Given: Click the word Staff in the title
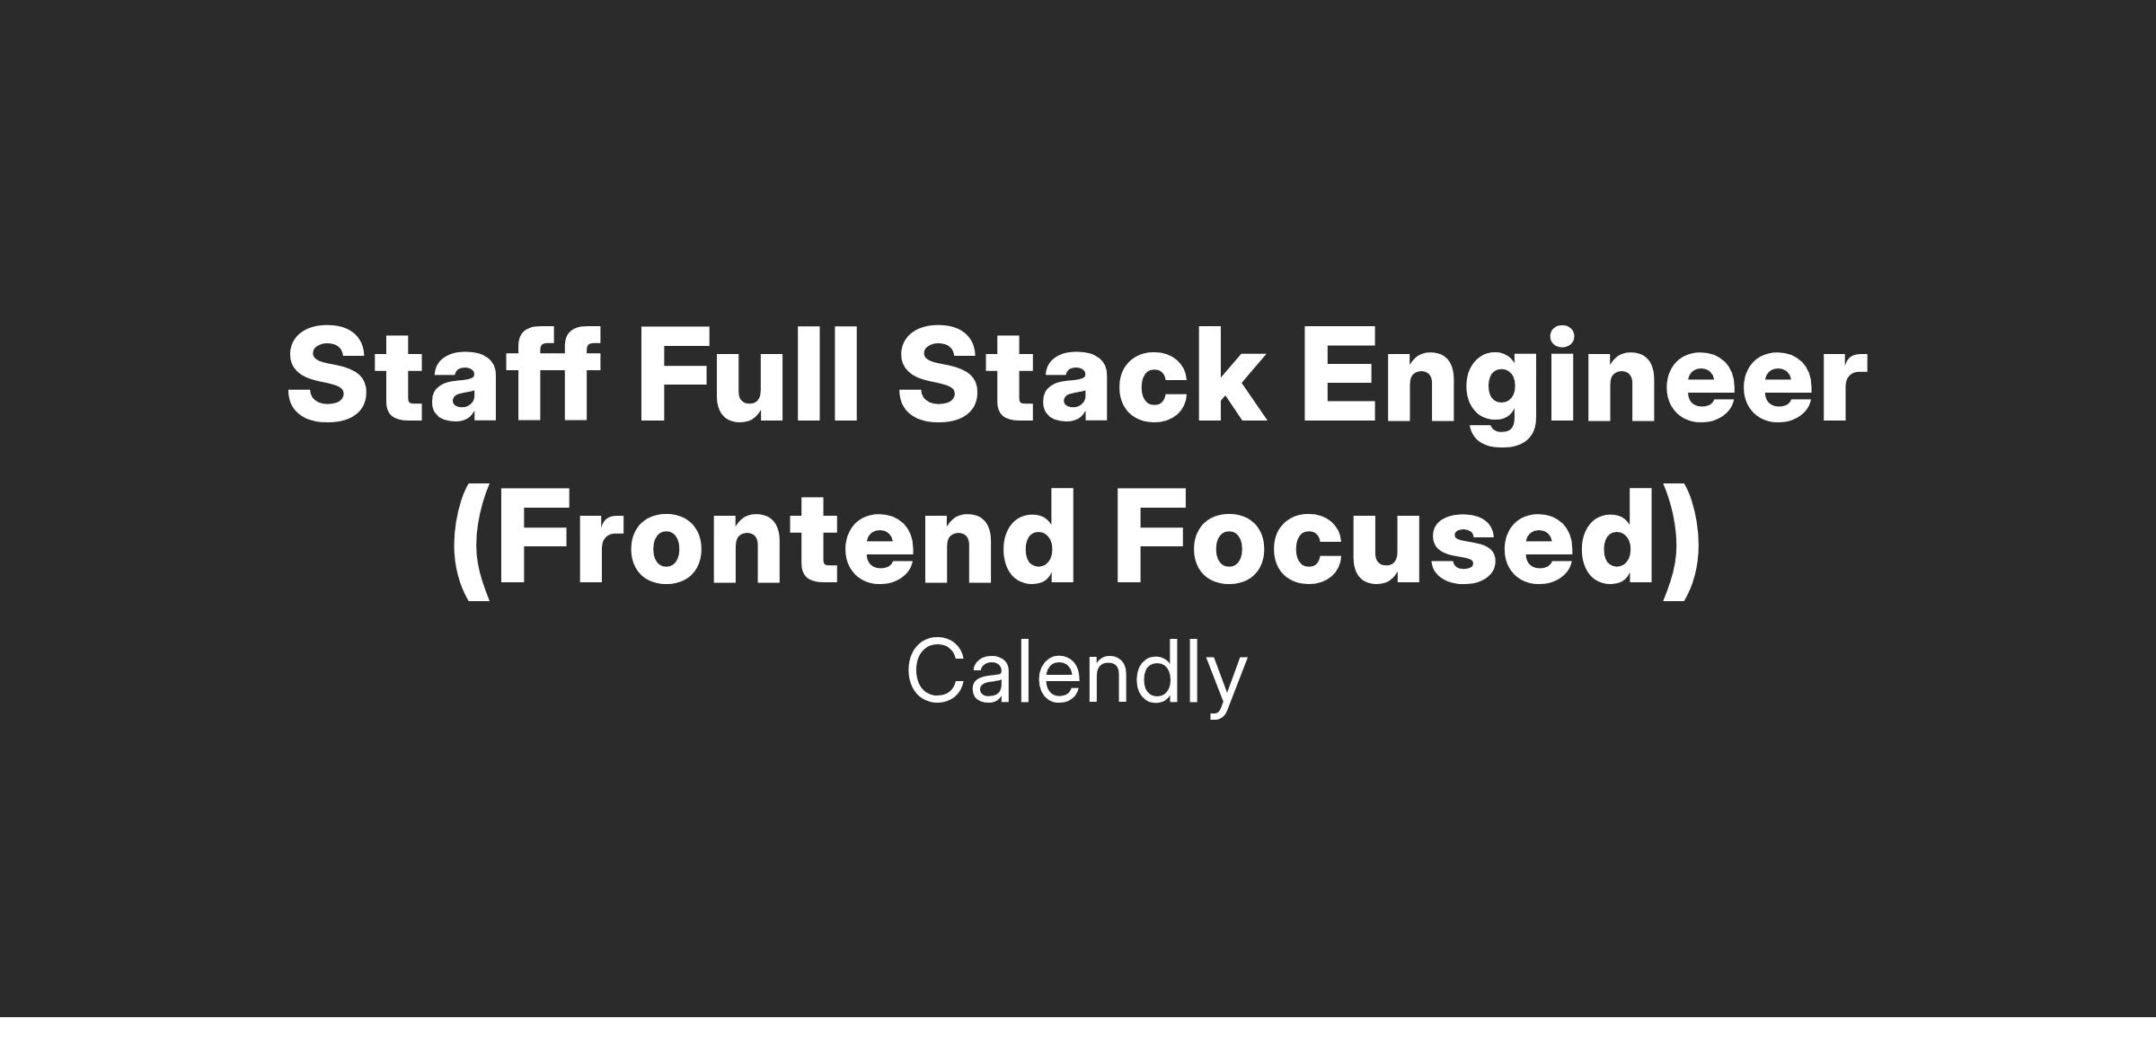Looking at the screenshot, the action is (444, 374).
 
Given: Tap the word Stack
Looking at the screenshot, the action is (1082, 374).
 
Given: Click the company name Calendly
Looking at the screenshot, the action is (1077, 677).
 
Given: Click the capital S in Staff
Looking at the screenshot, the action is (327, 374).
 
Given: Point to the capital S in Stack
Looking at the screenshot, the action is (940, 374).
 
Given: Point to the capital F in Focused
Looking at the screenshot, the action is (1152, 537).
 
